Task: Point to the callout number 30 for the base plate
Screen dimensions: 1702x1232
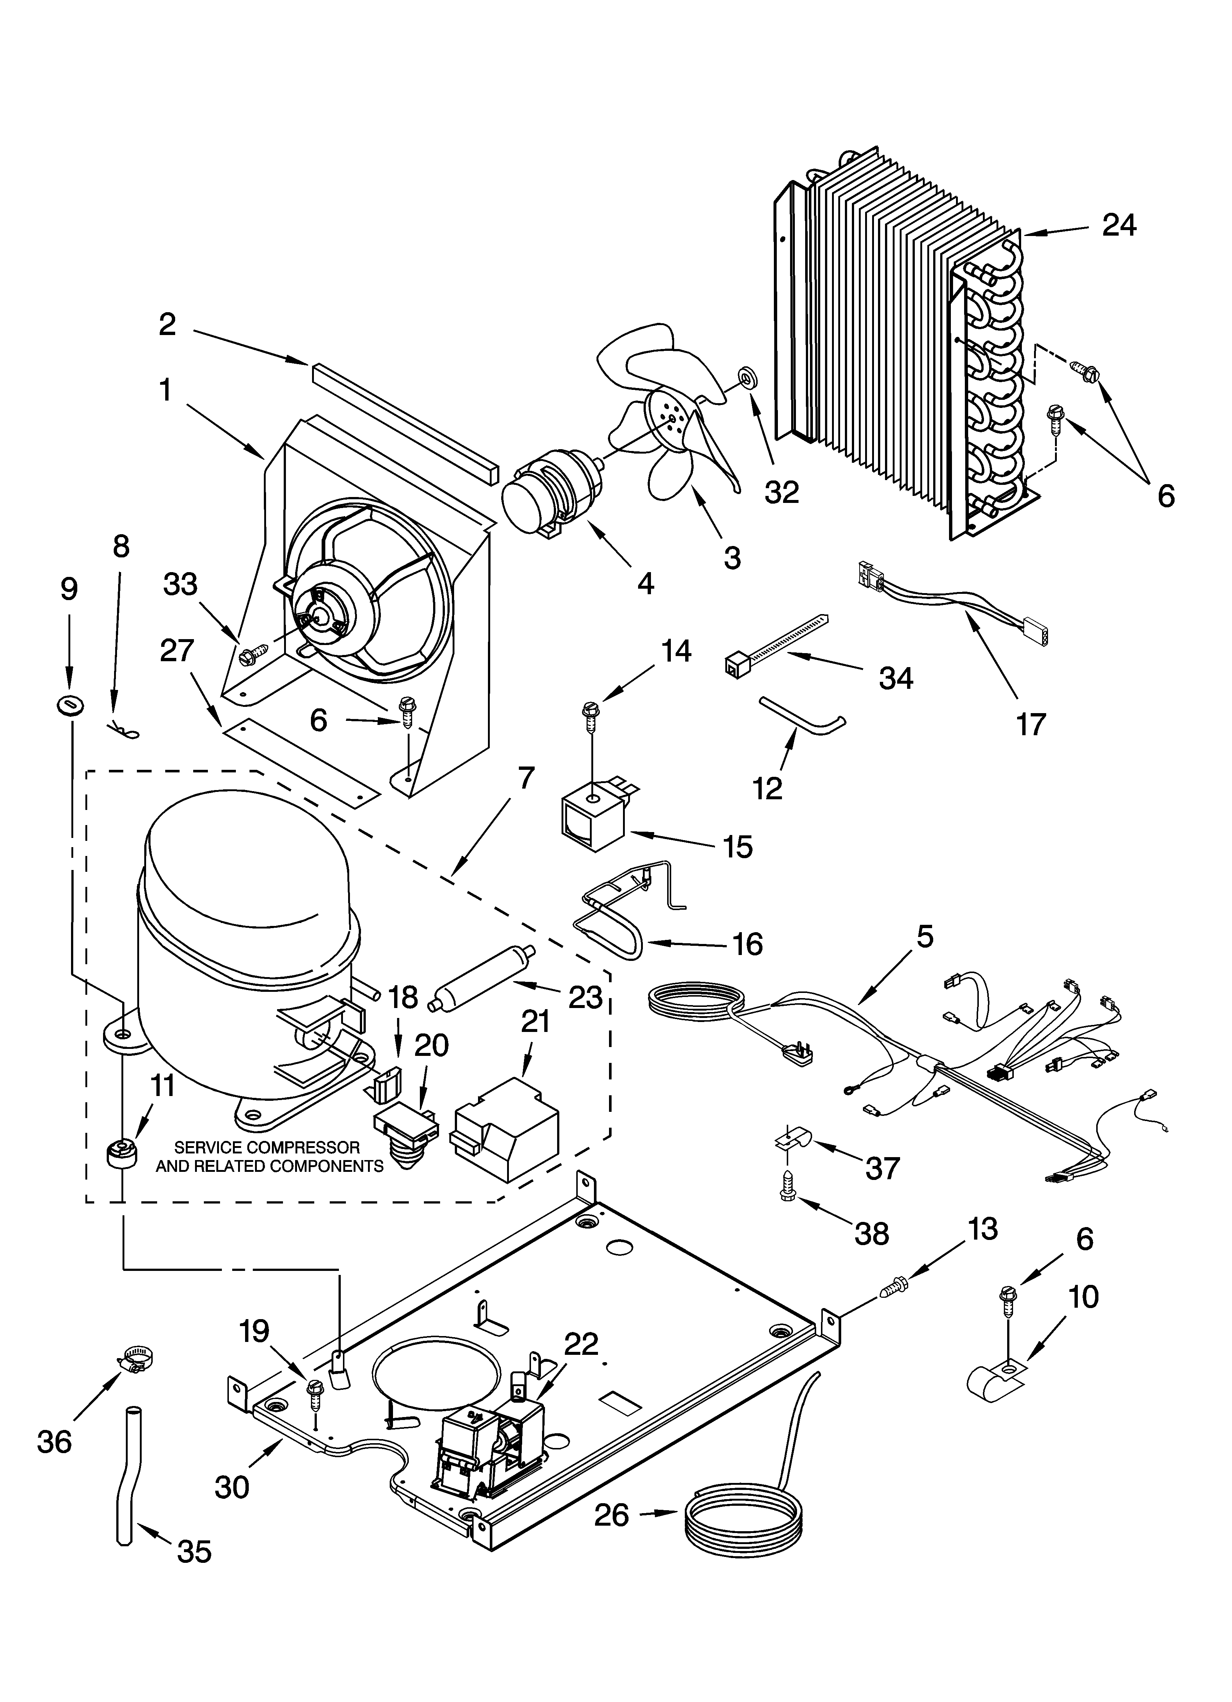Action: point(231,1486)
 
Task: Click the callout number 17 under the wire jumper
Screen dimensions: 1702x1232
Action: point(1030,724)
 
